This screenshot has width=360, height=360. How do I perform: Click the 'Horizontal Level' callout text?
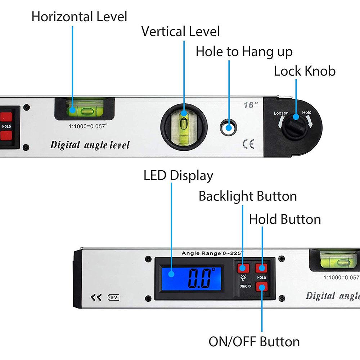[x=79, y=17]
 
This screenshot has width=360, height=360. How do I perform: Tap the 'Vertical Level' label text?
[x=180, y=31]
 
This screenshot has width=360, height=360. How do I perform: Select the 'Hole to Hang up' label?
[x=244, y=51]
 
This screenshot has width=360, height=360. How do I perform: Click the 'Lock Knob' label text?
[x=305, y=71]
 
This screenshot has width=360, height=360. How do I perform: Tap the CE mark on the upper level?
[x=248, y=144]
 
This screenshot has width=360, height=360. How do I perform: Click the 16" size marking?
[x=251, y=105]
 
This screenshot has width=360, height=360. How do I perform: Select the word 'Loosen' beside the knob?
[x=281, y=113]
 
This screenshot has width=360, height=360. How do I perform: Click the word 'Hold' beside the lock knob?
[x=307, y=112]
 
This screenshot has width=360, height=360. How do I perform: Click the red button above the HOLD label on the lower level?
[x=261, y=268]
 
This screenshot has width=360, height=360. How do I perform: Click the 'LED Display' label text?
[x=178, y=176]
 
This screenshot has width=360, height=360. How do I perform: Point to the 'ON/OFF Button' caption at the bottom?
[x=254, y=341]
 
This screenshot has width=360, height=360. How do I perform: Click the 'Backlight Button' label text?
[x=248, y=196]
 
